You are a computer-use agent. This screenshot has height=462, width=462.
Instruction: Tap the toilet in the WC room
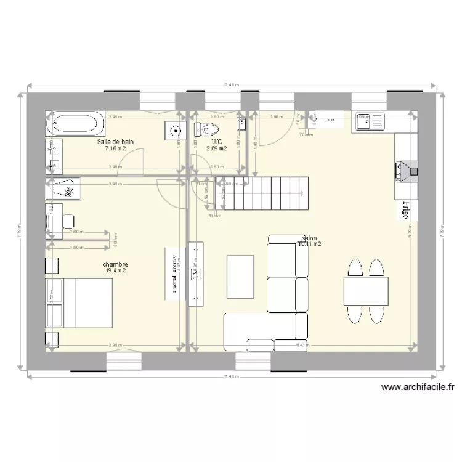click(x=207, y=129)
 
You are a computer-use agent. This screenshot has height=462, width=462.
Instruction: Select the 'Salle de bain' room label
click(x=115, y=141)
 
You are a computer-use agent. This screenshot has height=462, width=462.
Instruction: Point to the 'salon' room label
click(x=309, y=237)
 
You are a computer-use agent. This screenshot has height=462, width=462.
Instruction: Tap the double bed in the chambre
click(x=87, y=302)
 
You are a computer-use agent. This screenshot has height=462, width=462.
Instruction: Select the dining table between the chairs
click(x=366, y=290)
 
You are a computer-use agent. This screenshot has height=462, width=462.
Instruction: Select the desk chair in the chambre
click(x=68, y=220)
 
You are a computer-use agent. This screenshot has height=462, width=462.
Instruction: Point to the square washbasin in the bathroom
click(x=176, y=131)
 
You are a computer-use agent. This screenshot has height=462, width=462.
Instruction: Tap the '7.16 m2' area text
click(x=115, y=148)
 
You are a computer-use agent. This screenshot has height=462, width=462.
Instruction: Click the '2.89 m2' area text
click(x=216, y=148)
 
